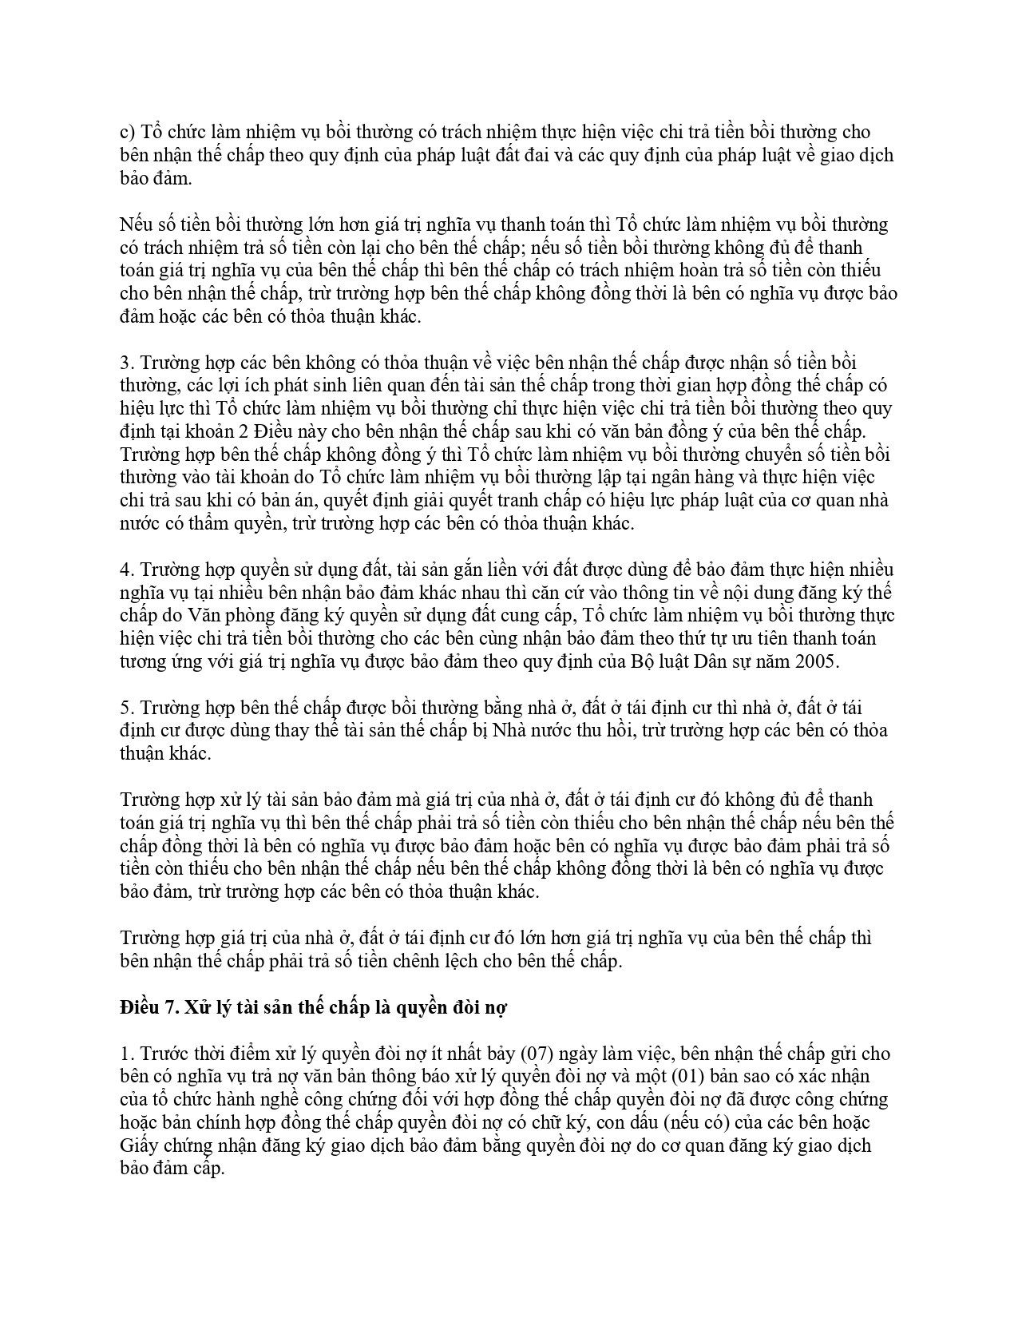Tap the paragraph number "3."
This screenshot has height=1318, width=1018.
(127, 363)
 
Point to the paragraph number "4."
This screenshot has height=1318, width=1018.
(127, 570)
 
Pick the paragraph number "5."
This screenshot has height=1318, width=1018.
(127, 708)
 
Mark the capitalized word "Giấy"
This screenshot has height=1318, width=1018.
(137, 1145)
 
